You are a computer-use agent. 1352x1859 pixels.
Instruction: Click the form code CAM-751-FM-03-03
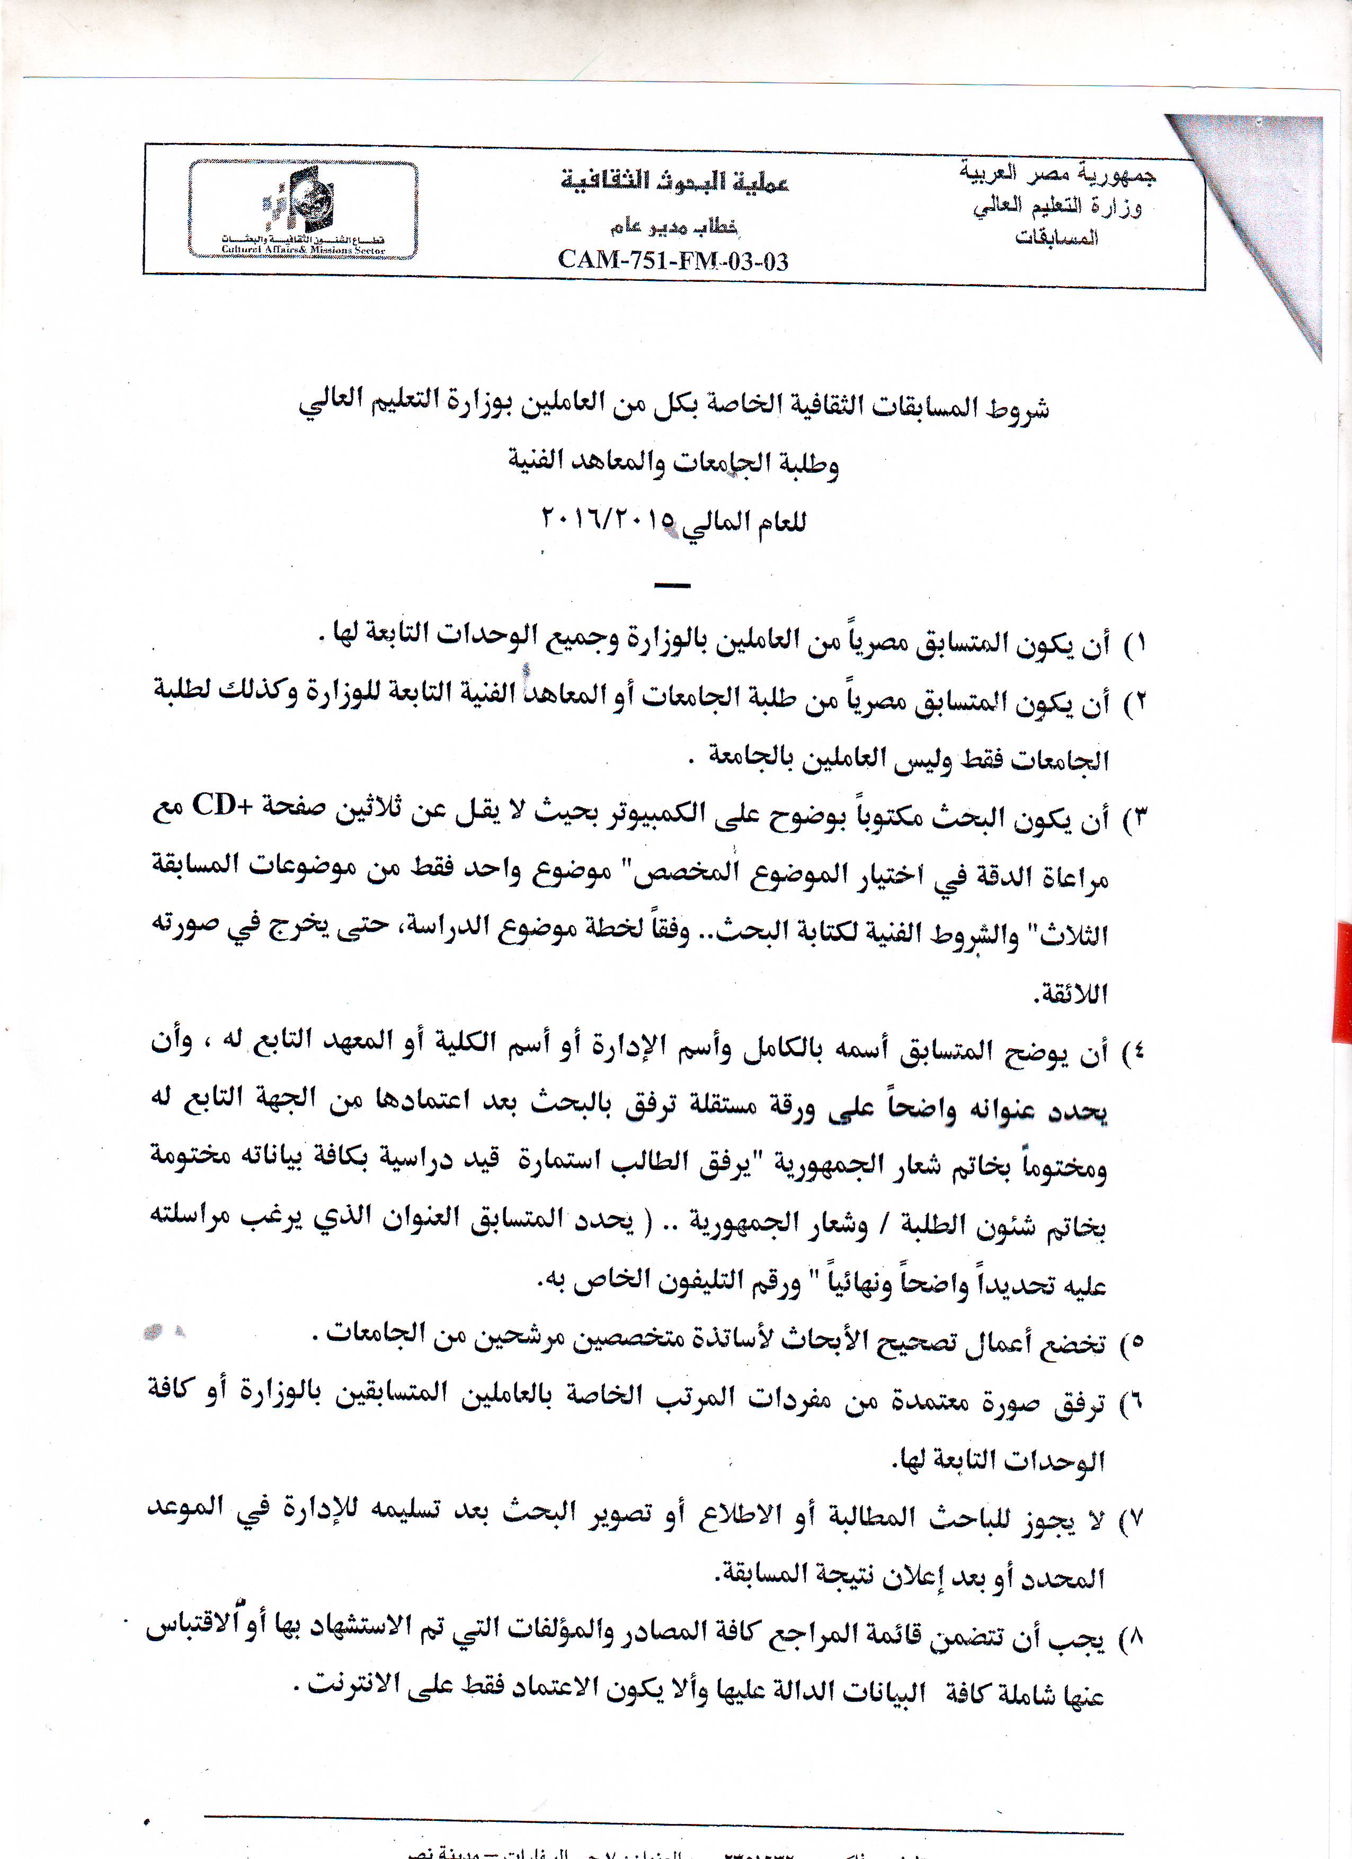[x=673, y=261]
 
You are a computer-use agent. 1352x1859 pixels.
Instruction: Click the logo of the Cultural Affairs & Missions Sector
[x=303, y=209]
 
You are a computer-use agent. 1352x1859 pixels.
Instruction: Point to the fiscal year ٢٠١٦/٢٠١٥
[x=607, y=520]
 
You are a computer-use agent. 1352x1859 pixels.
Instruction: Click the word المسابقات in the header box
[x=1056, y=238]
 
